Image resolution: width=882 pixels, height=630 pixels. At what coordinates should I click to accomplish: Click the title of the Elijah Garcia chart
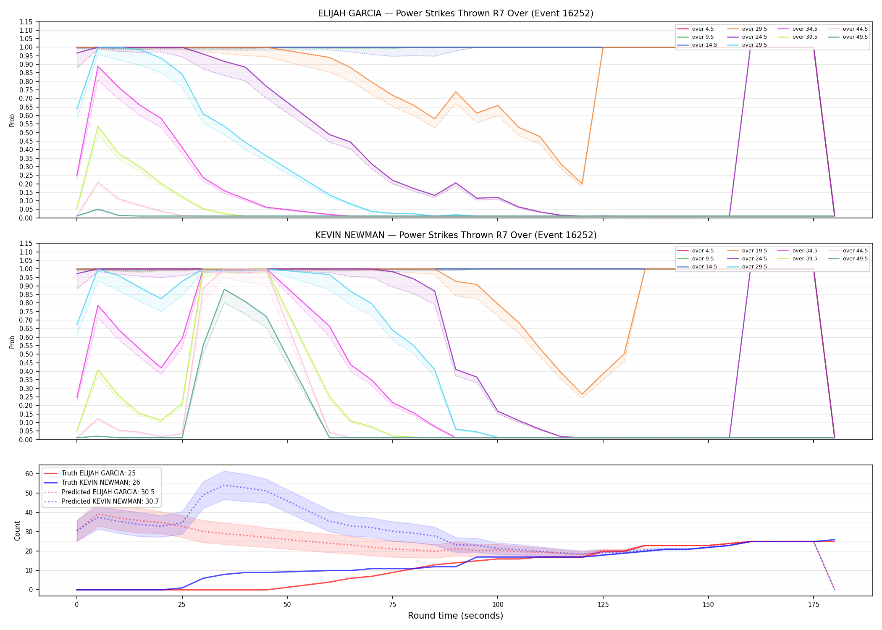coord(456,13)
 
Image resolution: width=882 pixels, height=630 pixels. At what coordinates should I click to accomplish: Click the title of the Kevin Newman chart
coord(456,235)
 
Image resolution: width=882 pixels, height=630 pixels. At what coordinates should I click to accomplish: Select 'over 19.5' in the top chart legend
coord(754,29)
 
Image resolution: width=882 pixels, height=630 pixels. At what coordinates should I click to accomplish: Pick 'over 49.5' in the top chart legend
coord(855,37)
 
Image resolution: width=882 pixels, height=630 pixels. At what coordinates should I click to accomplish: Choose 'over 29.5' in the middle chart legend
coord(754,267)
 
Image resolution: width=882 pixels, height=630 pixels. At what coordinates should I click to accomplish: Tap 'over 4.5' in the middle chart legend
coord(703,251)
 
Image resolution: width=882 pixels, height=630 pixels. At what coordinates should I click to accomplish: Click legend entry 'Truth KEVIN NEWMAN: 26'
coord(101,483)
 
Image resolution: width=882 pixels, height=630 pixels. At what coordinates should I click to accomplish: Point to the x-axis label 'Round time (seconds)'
coord(455,616)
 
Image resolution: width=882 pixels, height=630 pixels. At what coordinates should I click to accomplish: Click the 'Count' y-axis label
coord(17,530)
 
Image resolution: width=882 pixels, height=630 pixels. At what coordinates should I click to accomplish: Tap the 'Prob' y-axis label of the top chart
coord(12,121)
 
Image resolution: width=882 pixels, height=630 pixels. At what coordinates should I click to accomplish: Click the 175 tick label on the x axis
coord(814,605)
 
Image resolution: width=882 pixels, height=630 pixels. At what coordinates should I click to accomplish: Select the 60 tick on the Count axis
coord(29,474)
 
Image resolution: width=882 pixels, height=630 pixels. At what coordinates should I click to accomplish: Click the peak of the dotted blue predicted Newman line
coord(224,485)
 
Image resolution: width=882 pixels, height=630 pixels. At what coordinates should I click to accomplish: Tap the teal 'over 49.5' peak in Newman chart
coord(224,289)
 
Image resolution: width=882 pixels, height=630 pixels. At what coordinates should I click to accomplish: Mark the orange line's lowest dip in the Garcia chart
coord(582,184)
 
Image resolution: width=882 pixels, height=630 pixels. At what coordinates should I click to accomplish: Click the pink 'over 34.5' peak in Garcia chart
coord(98,66)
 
